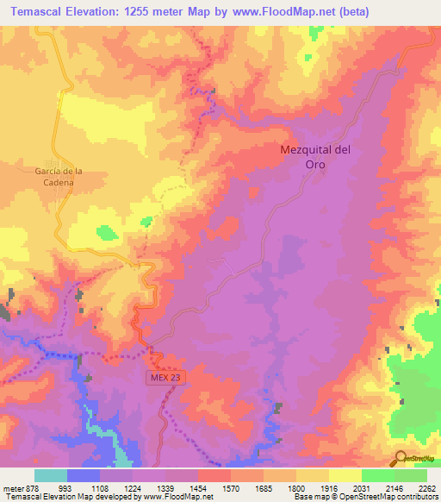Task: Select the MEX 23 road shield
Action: (x=164, y=377)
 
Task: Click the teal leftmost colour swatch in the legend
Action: (x=51, y=475)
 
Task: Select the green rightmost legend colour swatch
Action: (x=411, y=475)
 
